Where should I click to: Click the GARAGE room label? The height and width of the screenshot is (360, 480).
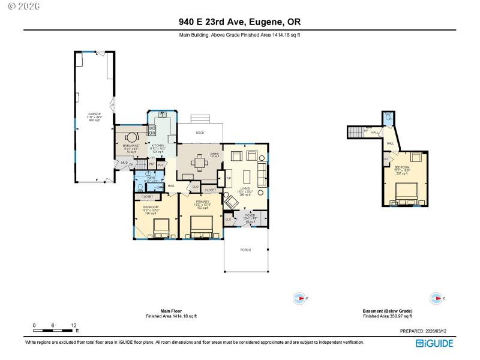click(x=94, y=113)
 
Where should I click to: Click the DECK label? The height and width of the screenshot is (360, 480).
click(x=200, y=133)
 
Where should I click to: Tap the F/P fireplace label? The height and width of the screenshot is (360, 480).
click(x=228, y=178)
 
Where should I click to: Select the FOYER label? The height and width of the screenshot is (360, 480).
click(x=250, y=215)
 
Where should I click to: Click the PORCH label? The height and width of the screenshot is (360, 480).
click(x=245, y=250)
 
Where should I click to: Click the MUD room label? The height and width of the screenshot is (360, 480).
click(x=124, y=162)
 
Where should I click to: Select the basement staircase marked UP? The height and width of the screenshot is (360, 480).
click(x=358, y=132)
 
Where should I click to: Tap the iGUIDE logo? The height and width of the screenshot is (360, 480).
click(x=434, y=343)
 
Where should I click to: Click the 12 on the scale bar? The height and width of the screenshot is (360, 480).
click(x=73, y=325)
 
